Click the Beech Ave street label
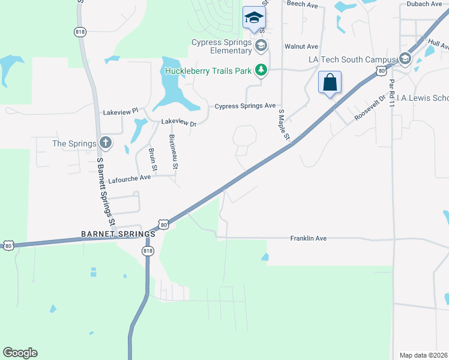(302, 4)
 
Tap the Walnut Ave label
(301, 46)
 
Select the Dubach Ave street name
(423, 4)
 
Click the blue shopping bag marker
(330, 83)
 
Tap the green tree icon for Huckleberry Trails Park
(261, 71)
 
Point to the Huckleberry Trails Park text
(208, 71)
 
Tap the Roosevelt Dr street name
(367, 107)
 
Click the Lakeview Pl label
(121, 112)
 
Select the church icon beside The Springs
(106, 143)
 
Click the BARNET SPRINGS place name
(115, 233)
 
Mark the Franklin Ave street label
(308, 238)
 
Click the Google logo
(20, 353)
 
